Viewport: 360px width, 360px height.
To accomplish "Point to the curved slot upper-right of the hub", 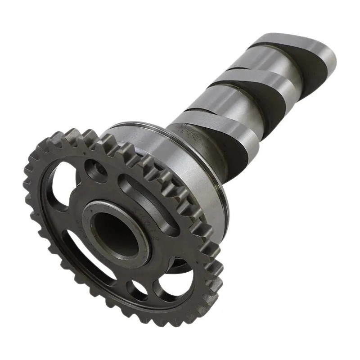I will tap(148, 198).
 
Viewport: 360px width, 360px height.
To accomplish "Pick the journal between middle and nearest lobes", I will tap(225, 101).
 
